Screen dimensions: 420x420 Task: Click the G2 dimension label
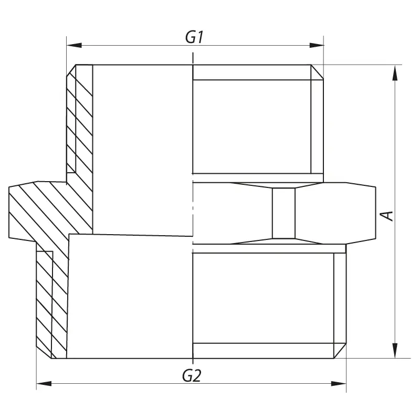pyautogui.click(x=192, y=375)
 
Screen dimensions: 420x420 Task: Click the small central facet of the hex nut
pyautogui.click(x=283, y=213)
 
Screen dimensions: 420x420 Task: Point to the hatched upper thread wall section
pyautogui.click(x=79, y=121)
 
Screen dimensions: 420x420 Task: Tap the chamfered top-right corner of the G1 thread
pyautogui.click(x=317, y=72)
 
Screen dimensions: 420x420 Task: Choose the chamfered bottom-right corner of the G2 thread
pyautogui.click(x=341, y=351)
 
